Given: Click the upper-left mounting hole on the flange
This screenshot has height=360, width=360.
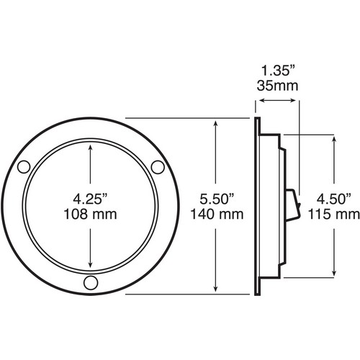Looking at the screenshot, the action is [x=24, y=167].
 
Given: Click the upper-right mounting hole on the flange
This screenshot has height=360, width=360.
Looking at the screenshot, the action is [x=158, y=167].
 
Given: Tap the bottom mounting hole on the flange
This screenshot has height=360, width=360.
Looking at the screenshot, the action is [x=91, y=282].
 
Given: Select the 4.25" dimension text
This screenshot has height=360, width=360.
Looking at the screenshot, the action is [x=90, y=199].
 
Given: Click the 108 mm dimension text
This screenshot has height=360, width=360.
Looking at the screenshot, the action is [x=90, y=215].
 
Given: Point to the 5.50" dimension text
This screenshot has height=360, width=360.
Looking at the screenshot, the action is [x=217, y=199].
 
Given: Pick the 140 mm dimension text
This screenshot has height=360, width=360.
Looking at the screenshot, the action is [x=217, y=215].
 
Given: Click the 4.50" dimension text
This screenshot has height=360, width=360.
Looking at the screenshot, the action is [x=334, y=199].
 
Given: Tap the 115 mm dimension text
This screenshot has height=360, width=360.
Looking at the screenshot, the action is [x=334, y=215].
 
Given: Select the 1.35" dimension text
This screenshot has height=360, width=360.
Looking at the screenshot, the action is [x=278, y=71].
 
